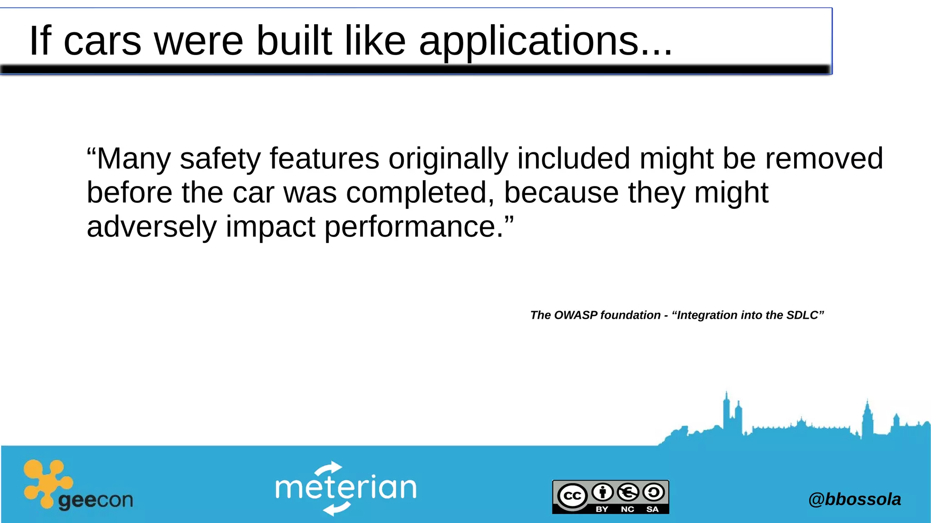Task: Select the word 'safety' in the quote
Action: coord(220,159)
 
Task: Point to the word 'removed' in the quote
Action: coord(824,159)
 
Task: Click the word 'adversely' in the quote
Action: coord(151,227)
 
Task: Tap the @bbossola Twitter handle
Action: coord(854,499)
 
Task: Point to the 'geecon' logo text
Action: coord(95,501)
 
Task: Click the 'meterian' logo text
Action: coord(345,488)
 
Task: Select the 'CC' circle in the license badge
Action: coord(572,495)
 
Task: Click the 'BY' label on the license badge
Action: coord(602,509)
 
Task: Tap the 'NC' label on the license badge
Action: coord(627,509)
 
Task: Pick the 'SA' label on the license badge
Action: coord(652,509)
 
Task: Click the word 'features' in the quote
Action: coord(324,159)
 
